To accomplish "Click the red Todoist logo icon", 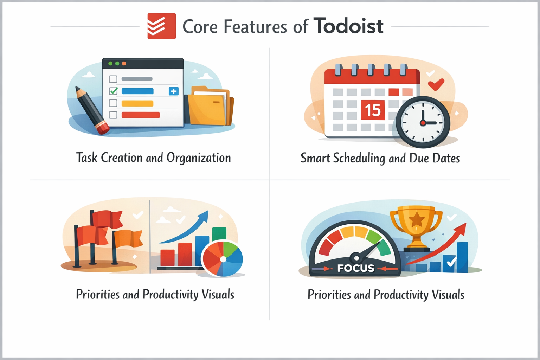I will tap(161, 26).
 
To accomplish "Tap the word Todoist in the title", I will tap(348, 26).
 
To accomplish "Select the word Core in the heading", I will tap(200, 27).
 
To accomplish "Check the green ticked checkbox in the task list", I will tap(113, 91).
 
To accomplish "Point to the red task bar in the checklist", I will tap(141, 115).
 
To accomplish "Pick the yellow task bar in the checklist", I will tap(137, 103).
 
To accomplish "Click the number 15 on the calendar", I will tap(373, 110).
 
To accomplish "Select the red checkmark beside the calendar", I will tap(436, 84).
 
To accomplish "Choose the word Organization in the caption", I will tap(199, 157).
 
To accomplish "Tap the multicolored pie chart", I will tap(223, 258).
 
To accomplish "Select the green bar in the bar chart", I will tap(219, 234).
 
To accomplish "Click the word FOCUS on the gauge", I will tap(356, 268).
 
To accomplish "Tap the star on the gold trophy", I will tap(417, 219).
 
